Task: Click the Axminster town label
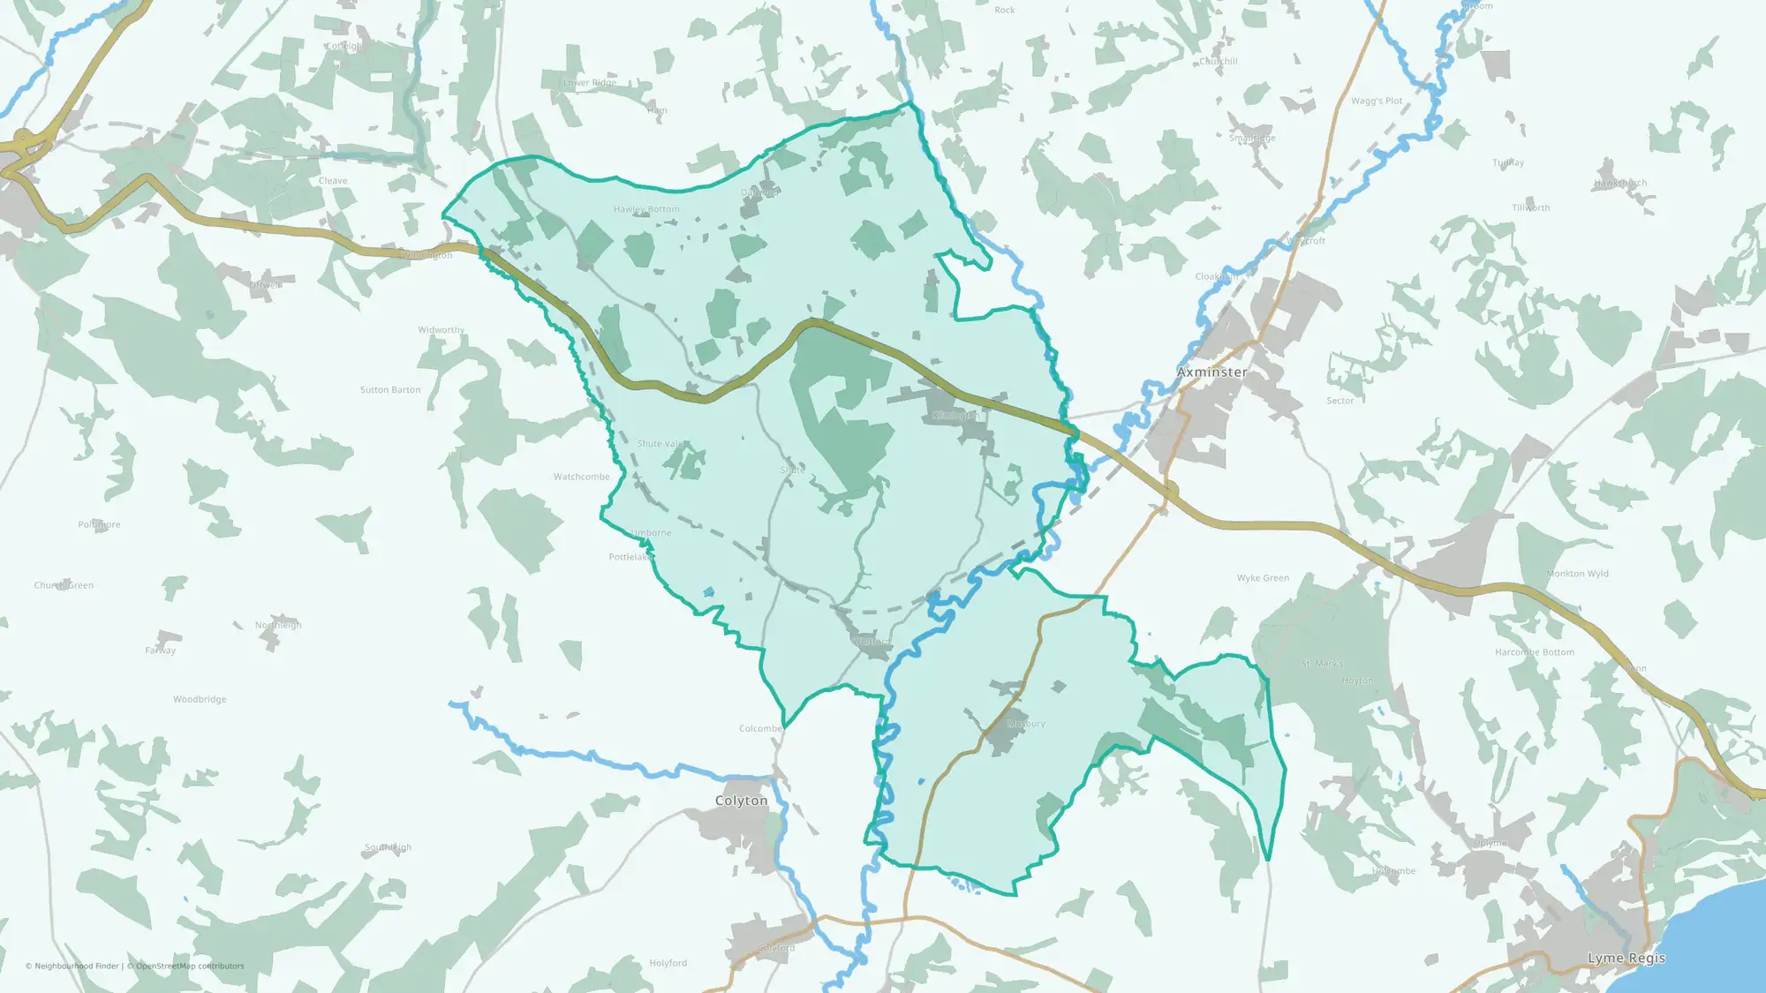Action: pos(1211,372)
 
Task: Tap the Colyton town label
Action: pos(741,801)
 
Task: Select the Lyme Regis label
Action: pos(1626,959)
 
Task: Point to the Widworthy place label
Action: pos(441,330)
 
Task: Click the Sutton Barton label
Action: pos(390,390)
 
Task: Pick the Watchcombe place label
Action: pos(581,477)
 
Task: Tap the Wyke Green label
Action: pos(1263,578)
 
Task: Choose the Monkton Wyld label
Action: pos(1577,574)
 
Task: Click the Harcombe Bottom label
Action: pos(1534,652)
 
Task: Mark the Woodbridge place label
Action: pos(200,699)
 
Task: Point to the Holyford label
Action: pos(668,963)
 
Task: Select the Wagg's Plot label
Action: pos(1377,102)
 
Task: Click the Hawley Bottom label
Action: pos(646,209)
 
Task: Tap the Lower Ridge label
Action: pos(590,83)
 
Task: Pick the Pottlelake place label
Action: pos(630,557)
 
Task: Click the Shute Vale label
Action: pos(660,444)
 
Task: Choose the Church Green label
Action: pos(64,585)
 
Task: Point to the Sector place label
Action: pos(1340,401)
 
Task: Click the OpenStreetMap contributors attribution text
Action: pos(189,966)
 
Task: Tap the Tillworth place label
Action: pos(1530,208)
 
